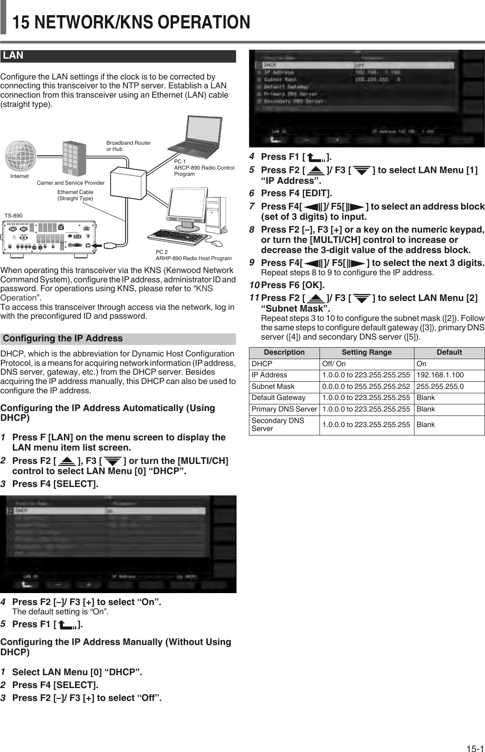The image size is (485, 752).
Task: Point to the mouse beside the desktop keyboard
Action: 217,243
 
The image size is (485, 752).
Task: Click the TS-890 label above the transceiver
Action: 13,215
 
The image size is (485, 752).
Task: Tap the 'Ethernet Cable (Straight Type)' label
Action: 75,195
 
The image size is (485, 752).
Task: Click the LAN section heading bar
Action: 118,56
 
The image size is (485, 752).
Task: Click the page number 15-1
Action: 474,737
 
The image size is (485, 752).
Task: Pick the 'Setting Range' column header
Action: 367,352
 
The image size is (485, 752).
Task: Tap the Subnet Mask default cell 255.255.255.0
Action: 440,387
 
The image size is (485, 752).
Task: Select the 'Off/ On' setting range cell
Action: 334,364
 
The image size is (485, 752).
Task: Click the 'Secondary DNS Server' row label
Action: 278,425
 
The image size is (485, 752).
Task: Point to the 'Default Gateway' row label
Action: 278,398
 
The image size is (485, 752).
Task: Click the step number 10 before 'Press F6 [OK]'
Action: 255,284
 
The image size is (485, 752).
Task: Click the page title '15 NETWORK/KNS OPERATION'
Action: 132,22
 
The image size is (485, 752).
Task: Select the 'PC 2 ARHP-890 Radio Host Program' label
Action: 193,255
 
